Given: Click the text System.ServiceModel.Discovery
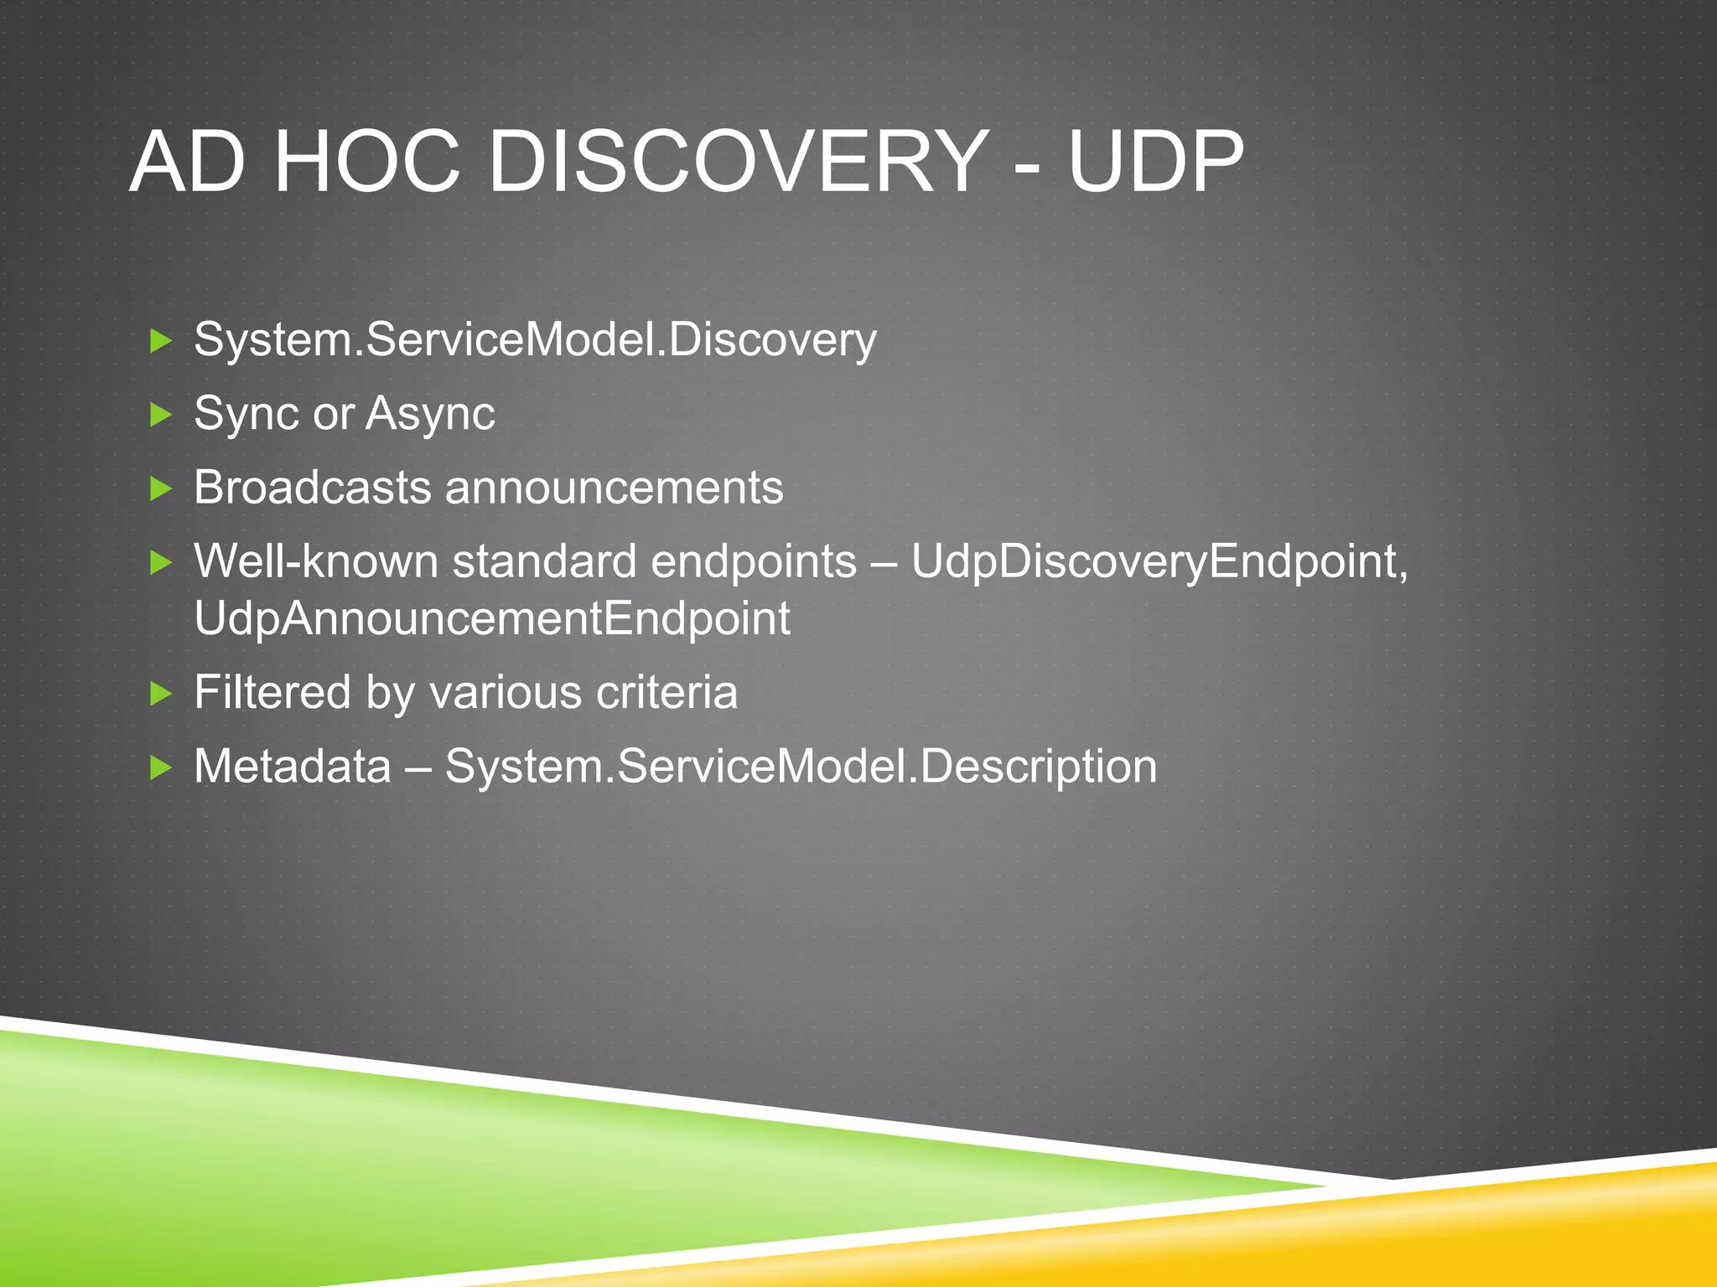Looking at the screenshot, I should pos(535,340).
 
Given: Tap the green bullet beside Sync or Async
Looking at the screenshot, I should pos(160,414).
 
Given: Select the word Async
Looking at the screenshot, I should pos(430,414).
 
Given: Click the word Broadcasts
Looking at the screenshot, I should pos(312,487).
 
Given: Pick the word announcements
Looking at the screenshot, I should pos(614,487).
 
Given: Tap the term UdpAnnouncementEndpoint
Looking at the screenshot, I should pos(491,618).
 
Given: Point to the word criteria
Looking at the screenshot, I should pos(667,692).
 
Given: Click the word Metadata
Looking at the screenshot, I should pos(293,766).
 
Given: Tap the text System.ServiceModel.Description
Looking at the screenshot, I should pos(801,766).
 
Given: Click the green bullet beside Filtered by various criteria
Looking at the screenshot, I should pos(160,693).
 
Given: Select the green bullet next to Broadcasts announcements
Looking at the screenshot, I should pos(160,488).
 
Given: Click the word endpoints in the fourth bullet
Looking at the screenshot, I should pos(754,561).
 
